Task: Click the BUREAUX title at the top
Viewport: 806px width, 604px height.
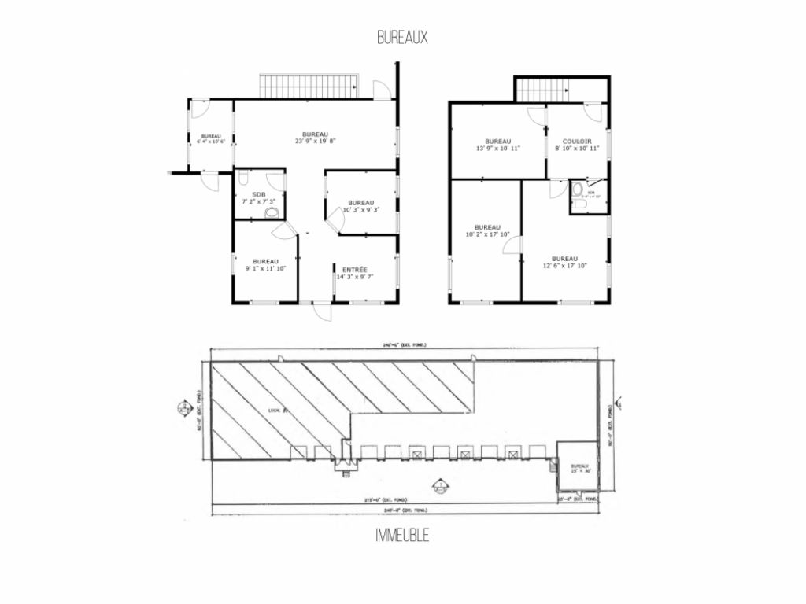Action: pos(402,37)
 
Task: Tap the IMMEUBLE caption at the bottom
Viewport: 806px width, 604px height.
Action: pos(402,536)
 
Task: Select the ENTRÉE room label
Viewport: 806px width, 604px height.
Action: pos(354,269)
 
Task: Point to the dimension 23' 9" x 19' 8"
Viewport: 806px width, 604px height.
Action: pos(315,142)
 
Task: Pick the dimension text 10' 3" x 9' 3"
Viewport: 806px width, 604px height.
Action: pos(361,209)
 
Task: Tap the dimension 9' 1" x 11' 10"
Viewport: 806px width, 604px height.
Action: pos(265,268)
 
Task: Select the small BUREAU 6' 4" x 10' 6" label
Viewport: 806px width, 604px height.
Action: pos(211,139)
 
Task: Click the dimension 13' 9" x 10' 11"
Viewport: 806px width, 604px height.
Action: pos(498,148)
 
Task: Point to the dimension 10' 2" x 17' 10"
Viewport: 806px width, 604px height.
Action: pos(487,233)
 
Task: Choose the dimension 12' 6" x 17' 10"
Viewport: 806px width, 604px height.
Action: pos(564,265)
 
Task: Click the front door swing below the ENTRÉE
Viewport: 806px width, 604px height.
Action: pos(322,312)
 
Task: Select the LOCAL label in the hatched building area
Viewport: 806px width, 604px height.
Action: pos(275,410)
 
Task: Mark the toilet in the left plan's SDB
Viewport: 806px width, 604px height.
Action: pos(272,213)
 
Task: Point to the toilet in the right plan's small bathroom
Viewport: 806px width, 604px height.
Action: pos(579,190)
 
